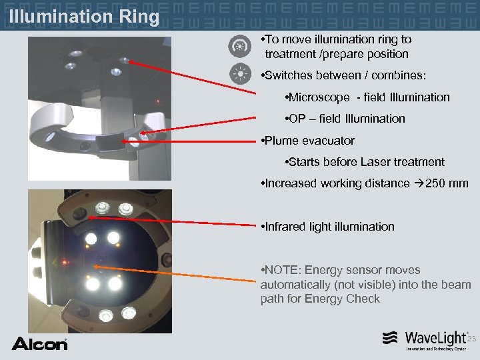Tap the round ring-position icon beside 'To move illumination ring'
tap(238, 47)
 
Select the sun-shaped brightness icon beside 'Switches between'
tap(238, 73)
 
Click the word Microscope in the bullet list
tap(319, 97)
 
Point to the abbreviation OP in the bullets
tap(297, 119)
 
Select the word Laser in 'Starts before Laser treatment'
tap(375, 162)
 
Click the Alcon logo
tap(39, 343)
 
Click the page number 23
tap(471, 339)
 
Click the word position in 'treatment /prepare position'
tap(386, 54)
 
